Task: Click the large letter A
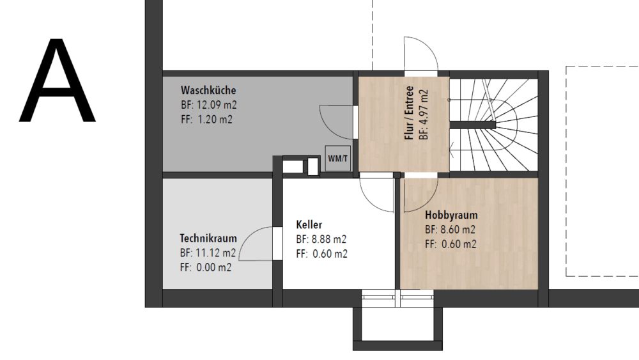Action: pos(57,81)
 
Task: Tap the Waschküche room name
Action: pos(208,90)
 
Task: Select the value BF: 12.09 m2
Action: pos(209,105)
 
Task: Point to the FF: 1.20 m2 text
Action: pos(206,120)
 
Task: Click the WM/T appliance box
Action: pos(338,158)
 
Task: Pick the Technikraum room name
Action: pos(208,238)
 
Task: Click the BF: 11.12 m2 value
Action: pos(208,253)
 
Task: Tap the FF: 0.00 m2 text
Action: pos(206,267)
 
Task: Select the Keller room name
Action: pos(309,224)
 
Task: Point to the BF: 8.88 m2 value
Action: pos(321,239)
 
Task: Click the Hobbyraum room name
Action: pos(451,215)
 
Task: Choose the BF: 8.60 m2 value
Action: pos(450,230)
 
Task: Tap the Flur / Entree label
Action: pos(409,113)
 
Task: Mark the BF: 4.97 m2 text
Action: pos(424,114)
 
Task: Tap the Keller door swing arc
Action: pos(369,201)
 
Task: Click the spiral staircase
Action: pos(493,125)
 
